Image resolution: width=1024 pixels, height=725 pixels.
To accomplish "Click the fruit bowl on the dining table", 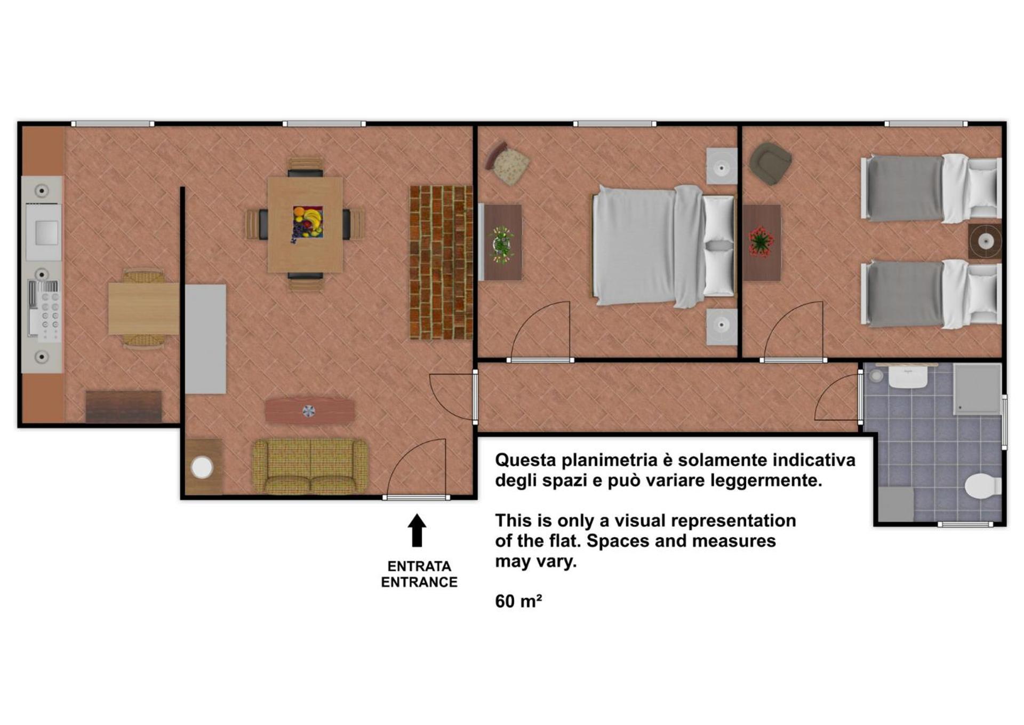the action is (308, 222).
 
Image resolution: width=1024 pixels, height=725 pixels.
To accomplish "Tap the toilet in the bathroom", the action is (983, 486).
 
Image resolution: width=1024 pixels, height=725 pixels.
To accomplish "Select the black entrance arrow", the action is (417, 530).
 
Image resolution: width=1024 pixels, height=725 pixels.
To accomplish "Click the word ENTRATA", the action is (419, 566).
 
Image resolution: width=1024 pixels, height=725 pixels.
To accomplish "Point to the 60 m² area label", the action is (518, 601).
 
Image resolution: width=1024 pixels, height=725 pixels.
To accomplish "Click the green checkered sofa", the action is (310, 466).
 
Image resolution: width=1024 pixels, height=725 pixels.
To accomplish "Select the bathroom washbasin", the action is (908, 377).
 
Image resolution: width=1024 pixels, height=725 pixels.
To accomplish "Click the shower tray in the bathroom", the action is (977, 389).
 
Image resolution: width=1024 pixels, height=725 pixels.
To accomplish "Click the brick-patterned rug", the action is (441, 262).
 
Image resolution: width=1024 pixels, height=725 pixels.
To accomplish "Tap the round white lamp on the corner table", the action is (202, 468).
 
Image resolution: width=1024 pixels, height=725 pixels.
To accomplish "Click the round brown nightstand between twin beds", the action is (985, 241).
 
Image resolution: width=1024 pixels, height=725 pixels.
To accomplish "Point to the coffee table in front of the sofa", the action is (310, 411).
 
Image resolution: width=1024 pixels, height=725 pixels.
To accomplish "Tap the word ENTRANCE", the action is (419, 582).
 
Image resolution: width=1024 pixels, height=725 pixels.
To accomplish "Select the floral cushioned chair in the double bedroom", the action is (508, 163).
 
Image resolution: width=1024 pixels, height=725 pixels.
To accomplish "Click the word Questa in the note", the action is (526, 460).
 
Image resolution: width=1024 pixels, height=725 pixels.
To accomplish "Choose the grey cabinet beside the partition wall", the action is (205, 339).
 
